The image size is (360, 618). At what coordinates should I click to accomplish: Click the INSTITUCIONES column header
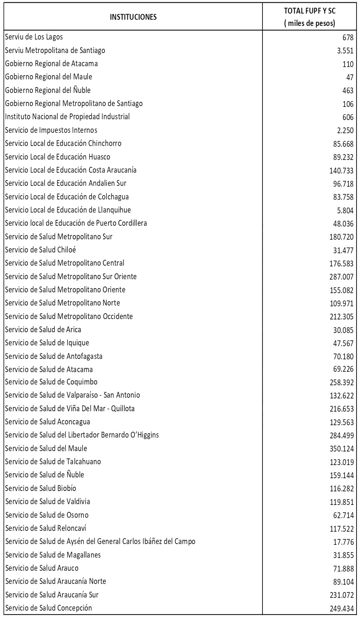click(133, 17)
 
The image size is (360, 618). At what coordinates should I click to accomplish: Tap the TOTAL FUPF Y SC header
click(309, 17)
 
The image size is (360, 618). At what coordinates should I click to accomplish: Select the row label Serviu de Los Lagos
click(34, 37)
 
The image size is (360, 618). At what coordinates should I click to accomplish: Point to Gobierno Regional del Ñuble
click(48, 90)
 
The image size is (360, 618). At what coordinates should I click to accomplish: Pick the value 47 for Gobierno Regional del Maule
click(350, 77)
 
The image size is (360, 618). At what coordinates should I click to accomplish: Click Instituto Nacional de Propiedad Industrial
click(67, 117)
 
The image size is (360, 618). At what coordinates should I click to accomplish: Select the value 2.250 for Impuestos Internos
click(345, 130)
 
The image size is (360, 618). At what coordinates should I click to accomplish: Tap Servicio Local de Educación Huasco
click(58, 157)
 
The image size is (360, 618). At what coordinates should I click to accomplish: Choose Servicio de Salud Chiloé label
click(43, 250)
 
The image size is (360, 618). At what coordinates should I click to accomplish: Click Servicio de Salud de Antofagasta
click(54, 356)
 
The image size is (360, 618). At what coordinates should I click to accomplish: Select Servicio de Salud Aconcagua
click(48, 422)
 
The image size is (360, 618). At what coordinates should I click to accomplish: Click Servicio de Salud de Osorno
click(47, 515)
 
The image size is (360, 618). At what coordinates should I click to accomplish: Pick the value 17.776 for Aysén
click(343, 542)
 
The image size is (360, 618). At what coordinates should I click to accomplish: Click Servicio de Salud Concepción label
click(49, 608)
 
